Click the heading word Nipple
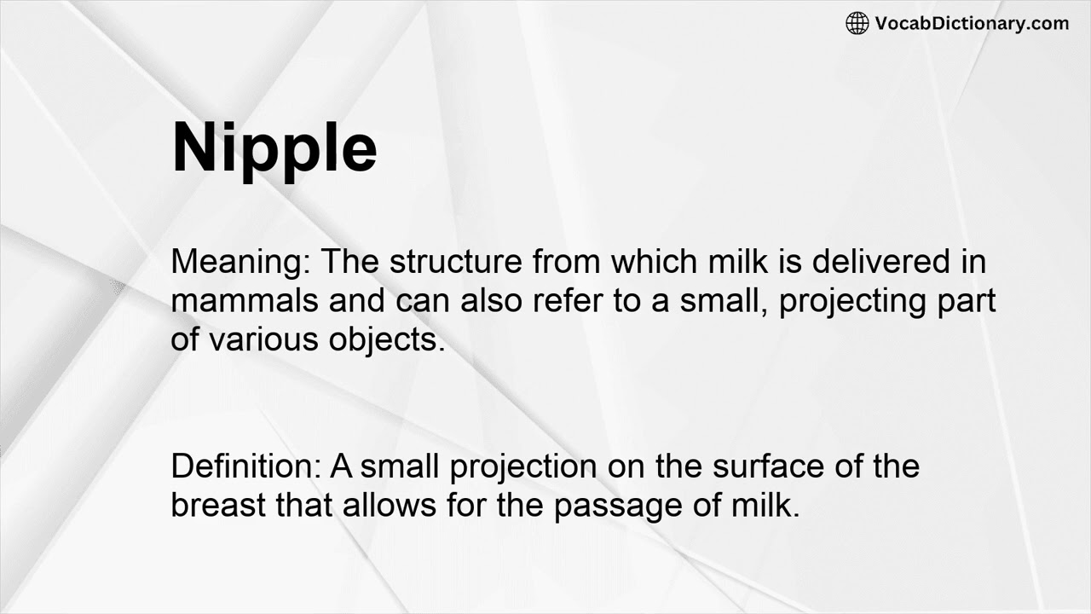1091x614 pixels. point(274,148)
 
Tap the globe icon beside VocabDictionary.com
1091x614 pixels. point(857,23)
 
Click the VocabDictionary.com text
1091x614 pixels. point(972,23)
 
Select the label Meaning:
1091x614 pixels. point(240,262)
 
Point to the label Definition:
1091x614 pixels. point(246,466)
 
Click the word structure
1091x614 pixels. point(455,262)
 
